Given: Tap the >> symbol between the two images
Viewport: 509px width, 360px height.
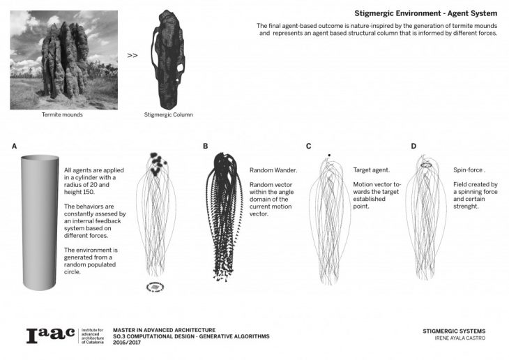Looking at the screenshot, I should (x=132, y=54).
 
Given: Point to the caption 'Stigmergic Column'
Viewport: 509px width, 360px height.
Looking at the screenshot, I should (x=168, y=114).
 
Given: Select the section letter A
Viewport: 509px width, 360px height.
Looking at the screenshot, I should (x=14, y=146).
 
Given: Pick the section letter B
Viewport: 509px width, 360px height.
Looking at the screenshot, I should (x=205, y=146).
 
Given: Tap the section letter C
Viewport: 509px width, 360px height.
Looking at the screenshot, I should (x=308, y=146).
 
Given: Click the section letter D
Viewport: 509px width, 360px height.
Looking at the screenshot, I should (x=413, y=146).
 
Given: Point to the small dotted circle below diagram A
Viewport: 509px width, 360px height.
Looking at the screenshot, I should (x=152, y=286).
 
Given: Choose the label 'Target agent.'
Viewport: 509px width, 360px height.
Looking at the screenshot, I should (x=372, y=170).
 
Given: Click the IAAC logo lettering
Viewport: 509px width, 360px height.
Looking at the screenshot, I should (x=50, y=336).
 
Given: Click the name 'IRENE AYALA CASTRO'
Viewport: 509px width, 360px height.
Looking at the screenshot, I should (x=455, y=338).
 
